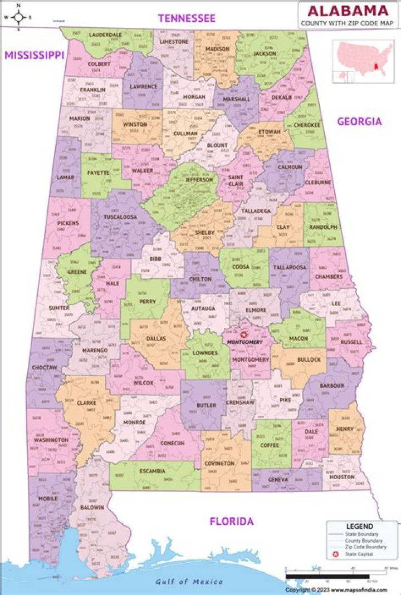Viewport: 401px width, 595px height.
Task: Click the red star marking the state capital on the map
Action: pos(243,335)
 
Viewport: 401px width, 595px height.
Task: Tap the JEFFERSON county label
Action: pos(199,180)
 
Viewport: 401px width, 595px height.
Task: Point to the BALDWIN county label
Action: pos(92,507)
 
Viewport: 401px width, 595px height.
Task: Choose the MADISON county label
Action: pos(217,49)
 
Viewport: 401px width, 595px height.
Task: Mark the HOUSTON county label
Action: pos(341,476)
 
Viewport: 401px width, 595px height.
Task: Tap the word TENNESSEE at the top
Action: pos(187,18)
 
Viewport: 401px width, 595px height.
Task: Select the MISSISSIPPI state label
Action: pos(35,55)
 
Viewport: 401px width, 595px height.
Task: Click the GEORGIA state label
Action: pos(359,121)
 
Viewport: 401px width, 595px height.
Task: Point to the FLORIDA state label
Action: pos(231,522)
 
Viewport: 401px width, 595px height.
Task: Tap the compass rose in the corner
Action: pos(18,17)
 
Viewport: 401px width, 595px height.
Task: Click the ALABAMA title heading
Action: pos(348,10)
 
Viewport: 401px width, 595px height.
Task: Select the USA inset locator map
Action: pos(363,61)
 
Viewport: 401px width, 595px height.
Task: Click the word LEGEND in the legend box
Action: pos(359,526)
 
